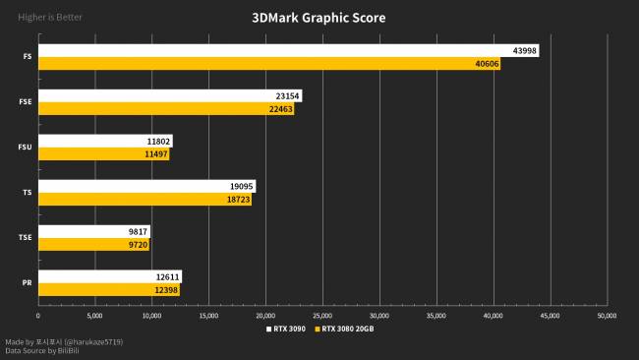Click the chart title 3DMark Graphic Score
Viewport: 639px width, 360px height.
pyautogui.click(x=319, y=18)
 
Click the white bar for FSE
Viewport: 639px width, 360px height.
pyautogui.click(x=157, y=96)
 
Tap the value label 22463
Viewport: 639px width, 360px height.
pyautogui.click(x=280, y=109)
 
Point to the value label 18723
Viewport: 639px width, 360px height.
pyautogui.click(x=237, y=200)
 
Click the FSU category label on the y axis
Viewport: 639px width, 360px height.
pyautogui.click(x=25, y=148)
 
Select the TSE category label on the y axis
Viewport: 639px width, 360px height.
pyautogui.click(x=25, y=238)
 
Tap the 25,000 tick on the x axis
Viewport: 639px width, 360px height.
pyautogui.click(x=322, y=316)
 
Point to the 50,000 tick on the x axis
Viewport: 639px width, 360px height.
pyautogui.click(x=607, y=316)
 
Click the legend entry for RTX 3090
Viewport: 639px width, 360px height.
pyautogui.click(x=286, y=329)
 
